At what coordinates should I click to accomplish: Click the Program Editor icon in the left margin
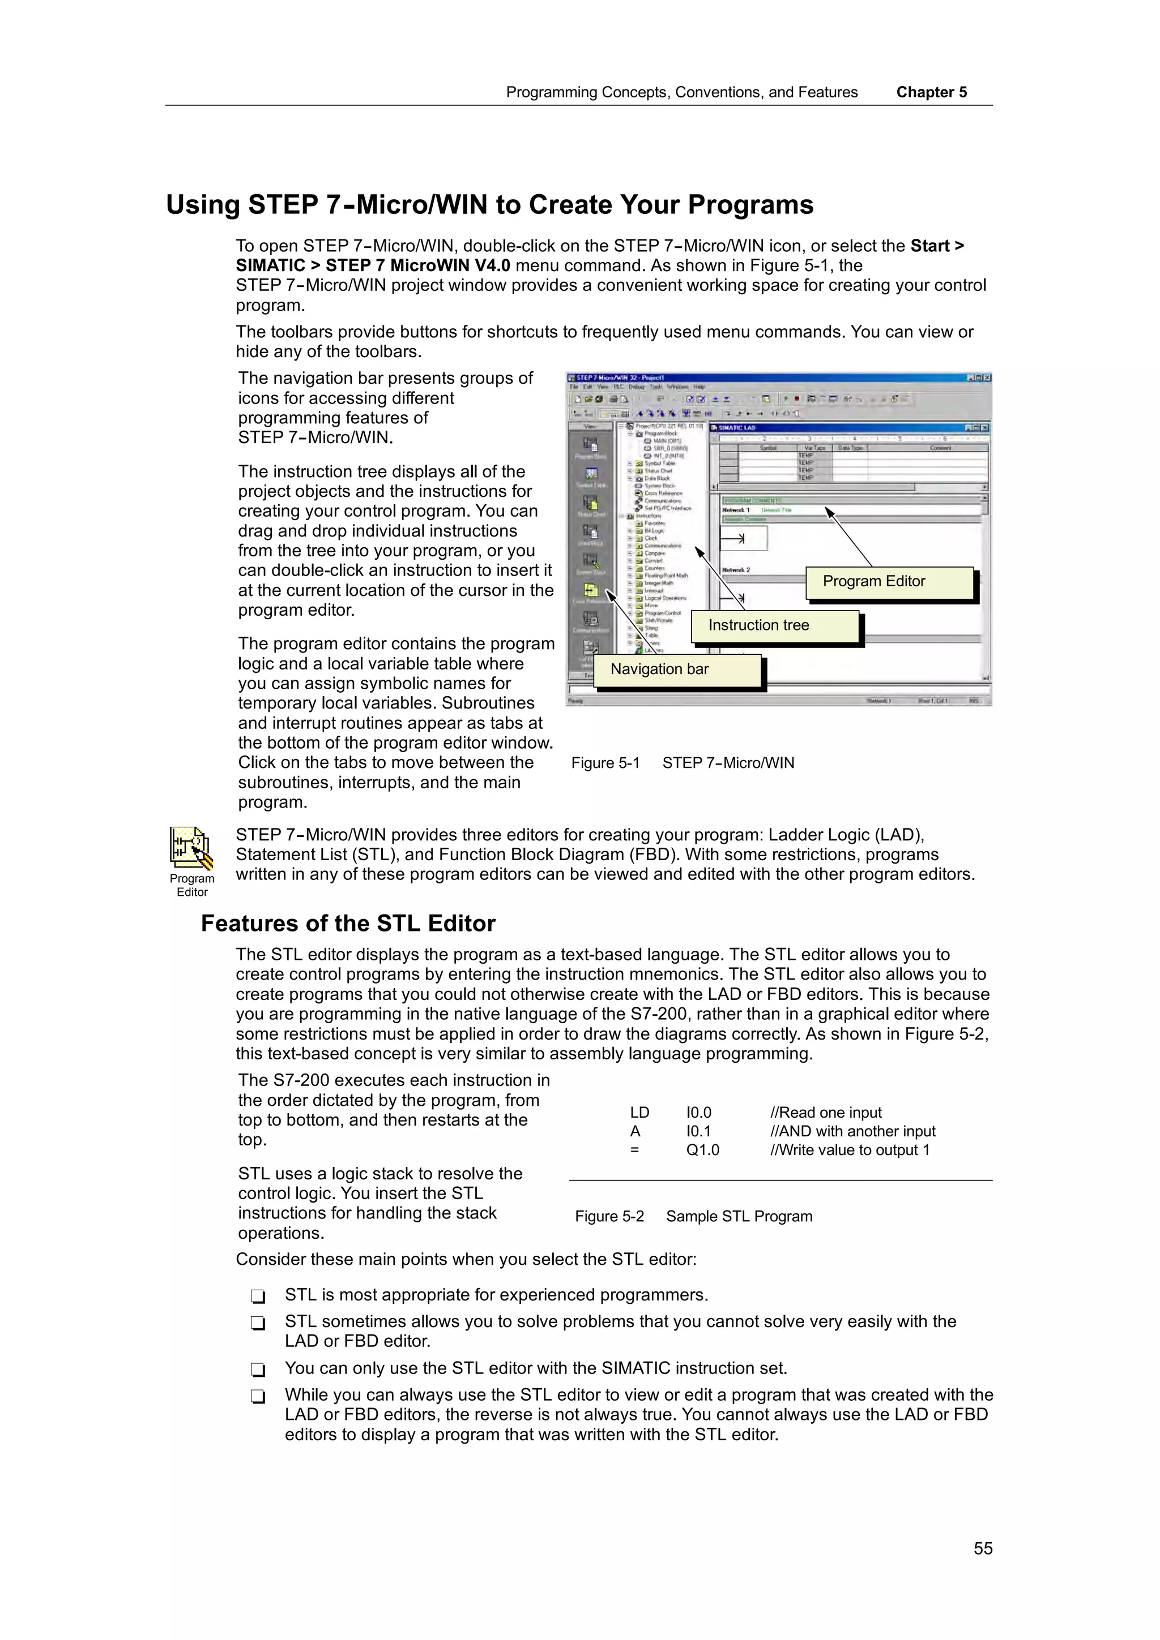[x=191, y=848]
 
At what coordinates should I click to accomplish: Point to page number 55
[x=983, y=1548]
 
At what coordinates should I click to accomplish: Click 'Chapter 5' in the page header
[x=931, y=93]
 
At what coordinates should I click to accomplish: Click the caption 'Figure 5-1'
[x=605, y=763]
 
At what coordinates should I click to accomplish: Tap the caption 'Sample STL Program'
[x=739, y=1217]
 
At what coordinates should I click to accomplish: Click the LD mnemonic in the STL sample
[x=639, y=1113]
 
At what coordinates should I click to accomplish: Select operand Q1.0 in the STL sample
[x=702, y=1150]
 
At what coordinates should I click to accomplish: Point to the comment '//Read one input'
[x=825, y=1113]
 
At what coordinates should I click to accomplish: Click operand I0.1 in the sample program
[x=698, y=1131]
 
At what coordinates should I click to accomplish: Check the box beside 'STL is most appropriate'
[x=258, y=1296]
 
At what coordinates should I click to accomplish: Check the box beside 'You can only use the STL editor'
[x=258, y=1369]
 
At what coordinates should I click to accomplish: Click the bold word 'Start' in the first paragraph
[x=929, y=246]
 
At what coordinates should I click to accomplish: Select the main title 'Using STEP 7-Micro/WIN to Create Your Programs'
[x=489, y=205]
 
